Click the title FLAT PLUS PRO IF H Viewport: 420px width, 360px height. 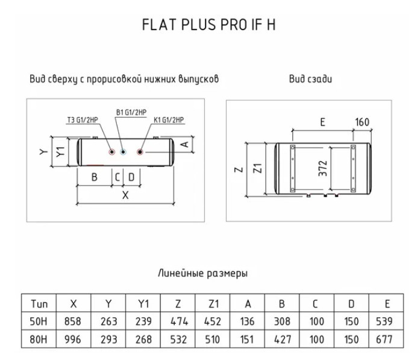click(208, 25)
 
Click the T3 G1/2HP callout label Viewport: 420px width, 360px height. click(83, 120)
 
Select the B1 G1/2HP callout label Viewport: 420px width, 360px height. click(131, 112)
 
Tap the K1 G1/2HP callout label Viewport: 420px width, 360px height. click(169, 120)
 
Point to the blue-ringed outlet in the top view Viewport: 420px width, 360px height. click(123, 152)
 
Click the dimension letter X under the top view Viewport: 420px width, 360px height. click(125, 195)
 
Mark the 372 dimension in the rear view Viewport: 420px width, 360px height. click(323, 168)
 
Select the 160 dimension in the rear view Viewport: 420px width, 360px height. click(362, 122)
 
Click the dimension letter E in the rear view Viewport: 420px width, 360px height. click(323, 122)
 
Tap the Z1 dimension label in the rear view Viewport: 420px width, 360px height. click(257, 168)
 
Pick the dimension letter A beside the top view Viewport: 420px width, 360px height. click(185, 144)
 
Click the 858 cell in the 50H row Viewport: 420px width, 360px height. click(72, 321)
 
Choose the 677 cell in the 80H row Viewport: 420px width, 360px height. click(384, 339)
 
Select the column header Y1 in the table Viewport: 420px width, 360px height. click(143, 304)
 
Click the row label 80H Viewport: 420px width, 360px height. click(39, 339)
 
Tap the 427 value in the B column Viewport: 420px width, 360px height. click(283, 339)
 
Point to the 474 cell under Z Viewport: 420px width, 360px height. click(179, 321)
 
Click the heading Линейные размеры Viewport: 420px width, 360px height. click(202, 273)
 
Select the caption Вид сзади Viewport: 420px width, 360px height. click(311, 79)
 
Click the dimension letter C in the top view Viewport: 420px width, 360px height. click(118, 177)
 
